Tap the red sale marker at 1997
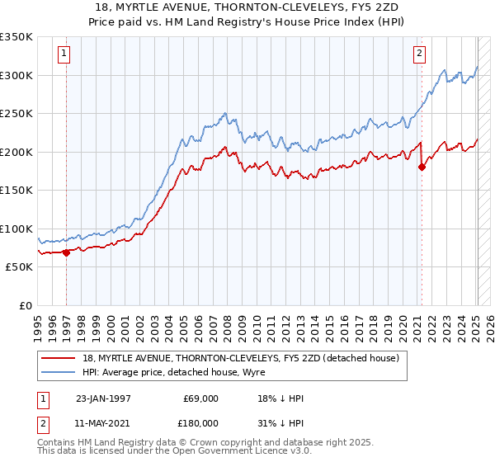click(x=67, y=252)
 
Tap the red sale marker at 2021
click(x=422, y=167)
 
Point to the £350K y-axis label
click(x=16, y=37)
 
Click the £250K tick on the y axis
click(x=16, y=114)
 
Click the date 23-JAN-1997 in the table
click(x=102, y=398)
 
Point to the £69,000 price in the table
click(x=200, y=398)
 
